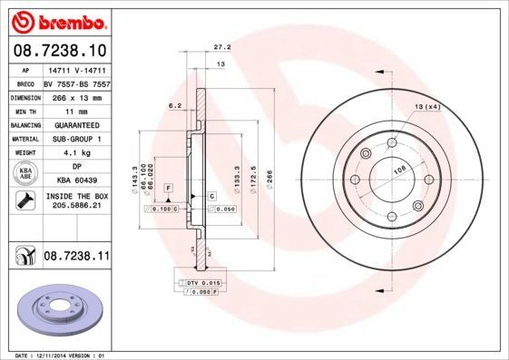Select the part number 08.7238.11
point(77,258)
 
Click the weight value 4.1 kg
point(77,153)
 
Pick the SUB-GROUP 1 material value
point(77,141)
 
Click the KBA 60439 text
point(77,180)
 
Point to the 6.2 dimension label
point(175,106)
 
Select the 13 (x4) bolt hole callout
point(427,108)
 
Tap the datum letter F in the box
point(168,187)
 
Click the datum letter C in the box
point(211,196)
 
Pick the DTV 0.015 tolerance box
point(203,284)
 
